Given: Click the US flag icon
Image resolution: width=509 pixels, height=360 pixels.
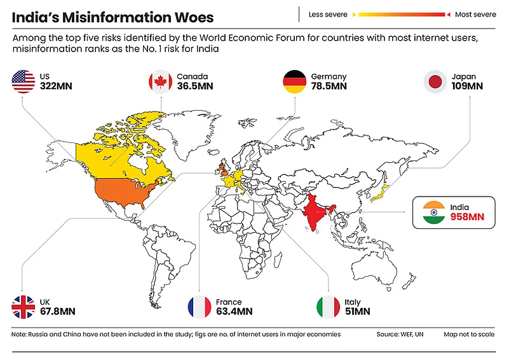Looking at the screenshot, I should tap(24, 82).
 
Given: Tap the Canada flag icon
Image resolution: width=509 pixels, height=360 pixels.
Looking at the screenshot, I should tap(161, 82).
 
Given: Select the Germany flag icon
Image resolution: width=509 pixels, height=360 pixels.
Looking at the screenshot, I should tap(295, 82).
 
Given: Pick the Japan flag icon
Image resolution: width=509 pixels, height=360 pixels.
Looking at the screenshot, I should tap(435, 82).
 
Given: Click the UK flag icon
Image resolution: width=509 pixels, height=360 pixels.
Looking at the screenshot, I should tap(24, 307).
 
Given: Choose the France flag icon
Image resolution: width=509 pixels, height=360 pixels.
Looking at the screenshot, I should tap(199, 307).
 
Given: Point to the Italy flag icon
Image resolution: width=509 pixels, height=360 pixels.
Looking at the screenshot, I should tap(328, 307).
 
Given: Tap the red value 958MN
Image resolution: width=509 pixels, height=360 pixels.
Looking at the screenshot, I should tap(466, 218).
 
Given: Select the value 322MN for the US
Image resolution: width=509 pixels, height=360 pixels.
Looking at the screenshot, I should tap(56, 87).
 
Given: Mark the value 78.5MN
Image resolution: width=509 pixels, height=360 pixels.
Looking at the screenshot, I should tap(329, 87).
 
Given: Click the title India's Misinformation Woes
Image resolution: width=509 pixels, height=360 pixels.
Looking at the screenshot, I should tap(112, 17).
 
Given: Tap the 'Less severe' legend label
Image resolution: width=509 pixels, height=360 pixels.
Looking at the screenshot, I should tap(328, 14).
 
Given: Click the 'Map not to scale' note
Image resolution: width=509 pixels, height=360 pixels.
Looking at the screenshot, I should tap(469, 334).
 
